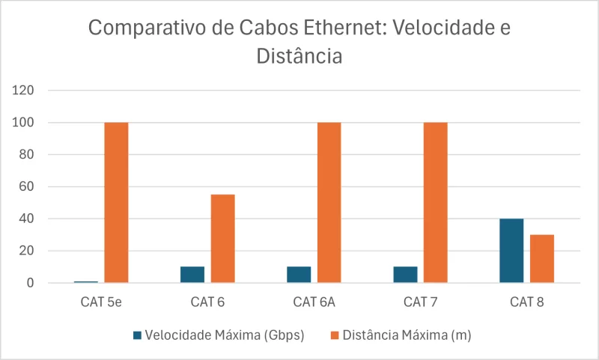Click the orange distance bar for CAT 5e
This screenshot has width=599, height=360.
point(116,202)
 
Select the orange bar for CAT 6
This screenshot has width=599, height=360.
point(222,238)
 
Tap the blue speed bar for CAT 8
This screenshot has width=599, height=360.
point(511,251)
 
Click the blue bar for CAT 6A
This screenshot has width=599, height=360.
point(299,275)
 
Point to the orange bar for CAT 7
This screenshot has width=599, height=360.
point(435,202)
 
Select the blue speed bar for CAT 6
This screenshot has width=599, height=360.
point(192,275)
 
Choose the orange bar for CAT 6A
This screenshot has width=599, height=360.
point(329,202)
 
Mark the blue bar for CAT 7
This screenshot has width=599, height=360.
point(405,275)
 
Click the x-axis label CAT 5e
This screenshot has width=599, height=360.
point(101,303)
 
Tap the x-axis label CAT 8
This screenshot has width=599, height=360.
point(526,303)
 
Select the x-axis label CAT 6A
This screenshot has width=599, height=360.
point(314,303)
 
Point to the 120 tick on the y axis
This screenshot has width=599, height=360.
point(25,91)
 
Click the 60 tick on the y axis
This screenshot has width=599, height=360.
point(28,187)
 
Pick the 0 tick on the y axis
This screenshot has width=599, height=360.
point(31,284)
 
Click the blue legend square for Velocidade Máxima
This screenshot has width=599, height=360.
point(137,335)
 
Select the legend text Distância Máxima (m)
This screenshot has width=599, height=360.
point(407,335)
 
